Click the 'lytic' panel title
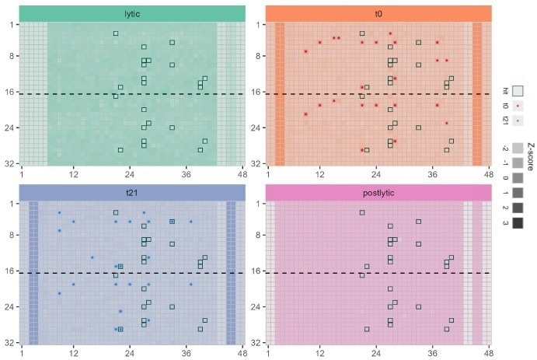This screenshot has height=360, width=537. (x=132, y=13)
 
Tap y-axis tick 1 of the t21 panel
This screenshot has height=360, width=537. (x=12, y=204)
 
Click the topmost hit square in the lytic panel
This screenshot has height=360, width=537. (x=116, y=33)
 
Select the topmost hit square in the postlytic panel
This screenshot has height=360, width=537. (x=362, y=212)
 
